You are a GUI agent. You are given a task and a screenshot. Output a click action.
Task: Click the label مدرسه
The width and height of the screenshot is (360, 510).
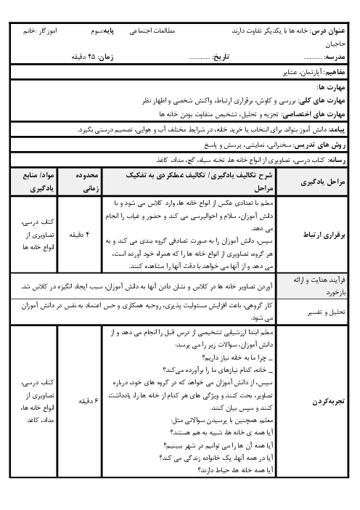point(335,56)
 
